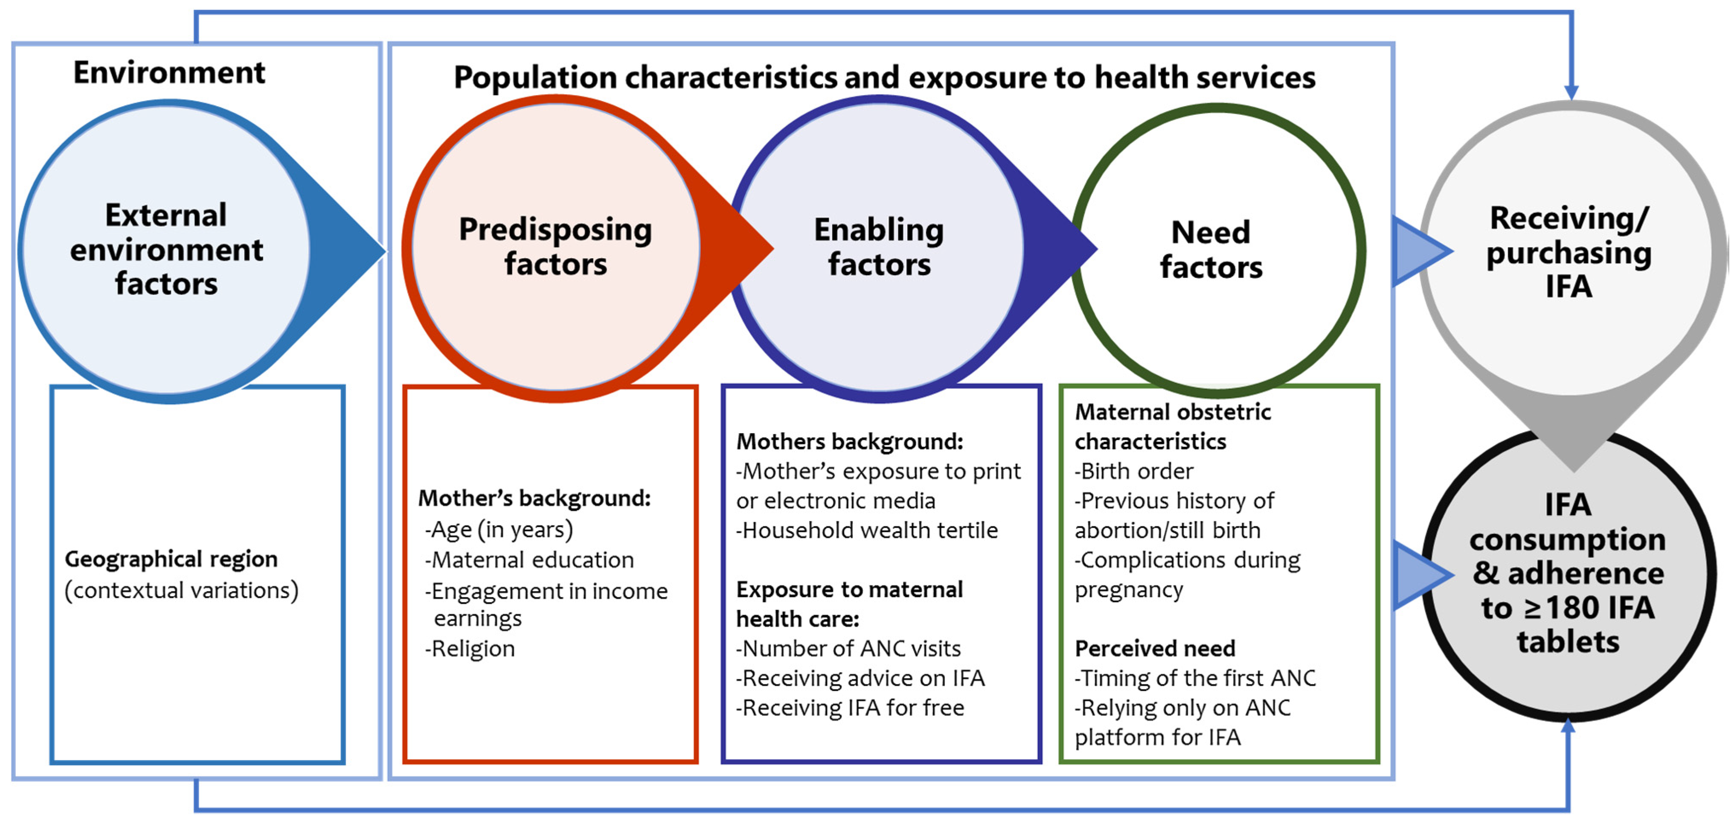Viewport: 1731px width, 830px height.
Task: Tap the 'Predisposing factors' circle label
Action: coord(555,247)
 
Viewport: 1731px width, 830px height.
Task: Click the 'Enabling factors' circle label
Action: coord(879,247)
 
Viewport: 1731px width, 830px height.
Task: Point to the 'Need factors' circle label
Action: coord(1211,249)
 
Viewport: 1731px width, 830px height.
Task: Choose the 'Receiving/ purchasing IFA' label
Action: coord(1568,252)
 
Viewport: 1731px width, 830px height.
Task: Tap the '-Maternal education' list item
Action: coord(529,560)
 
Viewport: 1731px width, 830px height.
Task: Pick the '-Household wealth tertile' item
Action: coord(867,530)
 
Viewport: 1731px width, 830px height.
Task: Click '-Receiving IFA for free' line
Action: coord(850,708)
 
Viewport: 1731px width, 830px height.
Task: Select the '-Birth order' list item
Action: coord(1134,471)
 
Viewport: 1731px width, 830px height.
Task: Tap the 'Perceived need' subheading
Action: coord(1154,649)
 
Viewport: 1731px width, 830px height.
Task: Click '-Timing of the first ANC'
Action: coord(1195,678)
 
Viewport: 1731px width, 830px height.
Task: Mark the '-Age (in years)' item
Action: coord(499,530)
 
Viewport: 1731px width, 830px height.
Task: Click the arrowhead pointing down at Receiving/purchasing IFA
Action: coord(1571,92)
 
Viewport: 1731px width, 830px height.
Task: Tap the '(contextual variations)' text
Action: coord(181,590)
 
